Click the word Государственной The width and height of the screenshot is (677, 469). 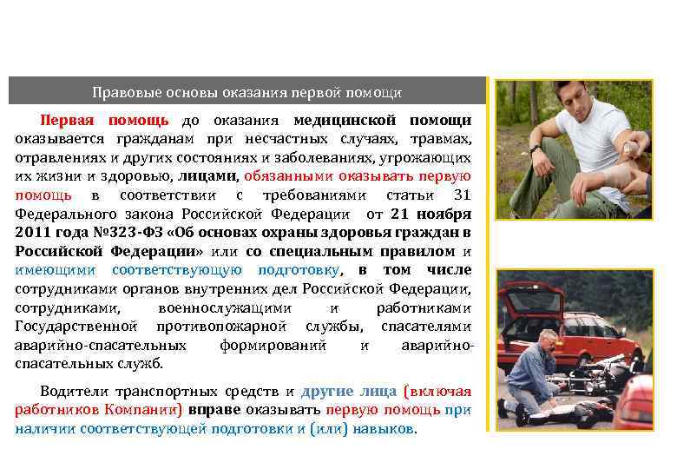point(76,327)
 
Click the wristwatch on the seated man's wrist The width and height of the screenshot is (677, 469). point(536,149)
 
